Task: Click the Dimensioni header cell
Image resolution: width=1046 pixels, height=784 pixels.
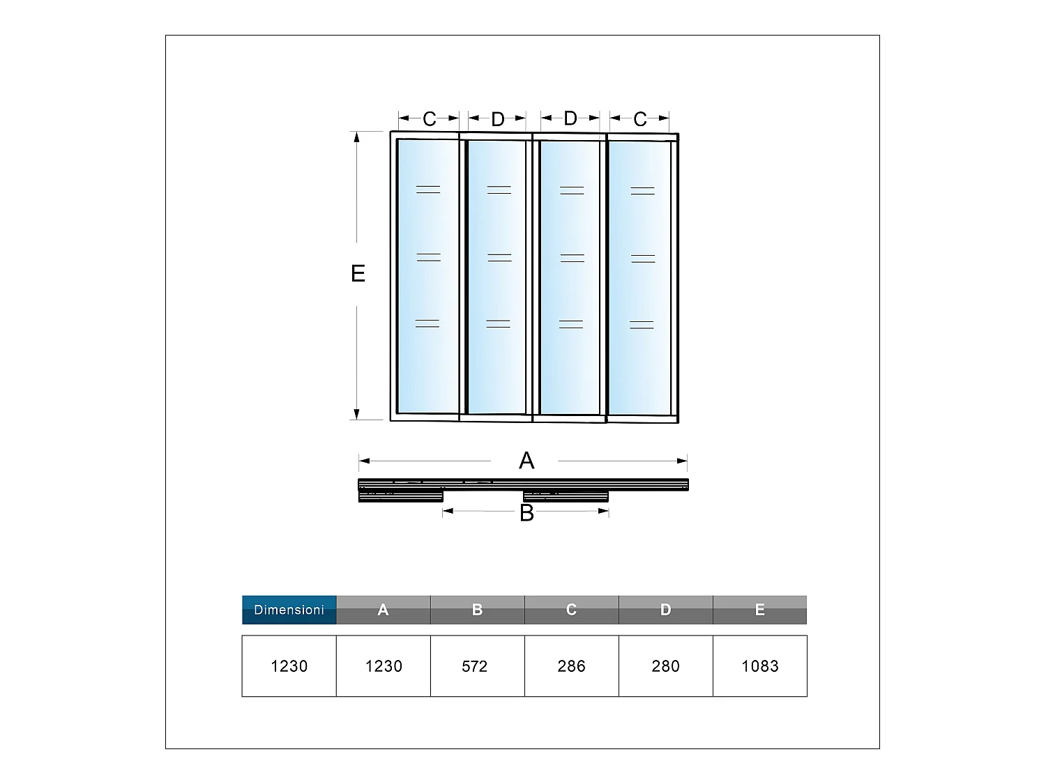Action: [x=289, y=610]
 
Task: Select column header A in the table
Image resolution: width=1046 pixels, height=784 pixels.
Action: [x=383, y=610]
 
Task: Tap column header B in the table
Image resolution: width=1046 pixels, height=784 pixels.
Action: [x=477, y=610]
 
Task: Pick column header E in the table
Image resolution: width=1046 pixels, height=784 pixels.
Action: [x=759, y=610]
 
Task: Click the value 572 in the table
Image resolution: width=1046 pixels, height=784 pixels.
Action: [x=474, y=666]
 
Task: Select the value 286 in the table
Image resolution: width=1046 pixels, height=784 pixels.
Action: [x=571, y=666]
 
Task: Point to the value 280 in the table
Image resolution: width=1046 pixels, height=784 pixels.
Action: [x=665, y=666]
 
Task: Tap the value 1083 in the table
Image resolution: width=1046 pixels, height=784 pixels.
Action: [x=759, y=666]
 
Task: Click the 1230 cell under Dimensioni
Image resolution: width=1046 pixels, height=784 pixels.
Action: [x=289, y=666]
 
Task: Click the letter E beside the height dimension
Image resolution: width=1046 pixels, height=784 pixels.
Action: [x=358, y=273]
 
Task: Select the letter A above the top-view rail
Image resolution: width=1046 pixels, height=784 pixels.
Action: [x=526, y=461]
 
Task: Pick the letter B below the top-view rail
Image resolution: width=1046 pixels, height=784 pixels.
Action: [x=526, y=513]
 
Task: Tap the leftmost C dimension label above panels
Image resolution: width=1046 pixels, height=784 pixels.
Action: [x=429, y=119]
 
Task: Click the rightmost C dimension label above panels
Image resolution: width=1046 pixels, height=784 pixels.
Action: [x=640, y=120]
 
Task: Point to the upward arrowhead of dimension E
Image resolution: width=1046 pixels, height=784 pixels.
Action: [x=357, y=137]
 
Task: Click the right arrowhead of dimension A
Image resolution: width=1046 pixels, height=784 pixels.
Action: [x=683, y=461]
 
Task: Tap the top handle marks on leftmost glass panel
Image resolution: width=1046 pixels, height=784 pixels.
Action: [x=428, y=189]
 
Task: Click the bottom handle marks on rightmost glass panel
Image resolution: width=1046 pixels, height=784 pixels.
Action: [x=642, y=325]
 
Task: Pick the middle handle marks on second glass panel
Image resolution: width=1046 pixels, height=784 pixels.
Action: [x=499, y=257]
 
